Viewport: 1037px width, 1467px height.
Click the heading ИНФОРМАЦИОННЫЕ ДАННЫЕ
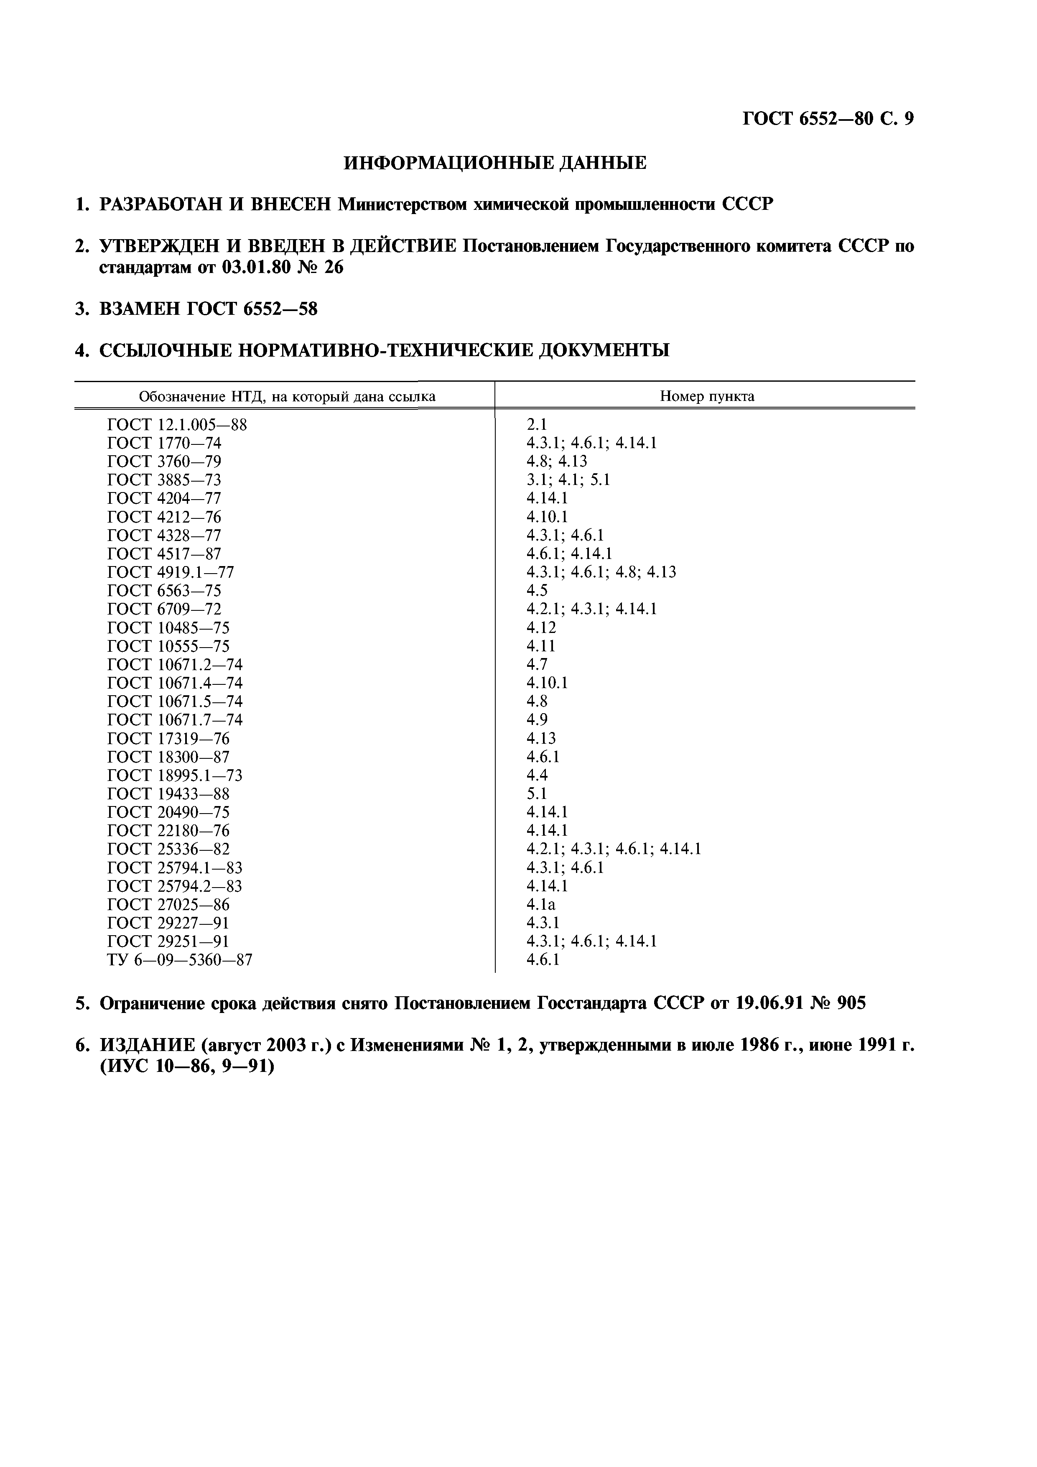pos(495,163)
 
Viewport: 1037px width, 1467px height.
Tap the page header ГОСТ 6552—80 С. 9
pos(828,119)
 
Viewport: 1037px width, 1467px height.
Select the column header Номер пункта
pos(707,396)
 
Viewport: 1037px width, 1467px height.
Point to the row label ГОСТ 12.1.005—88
pos(177,424)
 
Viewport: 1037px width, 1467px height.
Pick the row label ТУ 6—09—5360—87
pos(180,960)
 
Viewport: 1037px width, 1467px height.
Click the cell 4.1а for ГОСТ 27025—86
pos(540,904)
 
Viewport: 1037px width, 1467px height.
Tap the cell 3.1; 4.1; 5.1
pos(568,480)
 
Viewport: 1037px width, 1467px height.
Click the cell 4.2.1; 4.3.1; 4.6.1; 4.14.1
pos(614,849)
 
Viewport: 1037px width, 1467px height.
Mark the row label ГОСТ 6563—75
pos(164,590)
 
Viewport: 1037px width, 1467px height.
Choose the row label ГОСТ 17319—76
pos(168,739)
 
